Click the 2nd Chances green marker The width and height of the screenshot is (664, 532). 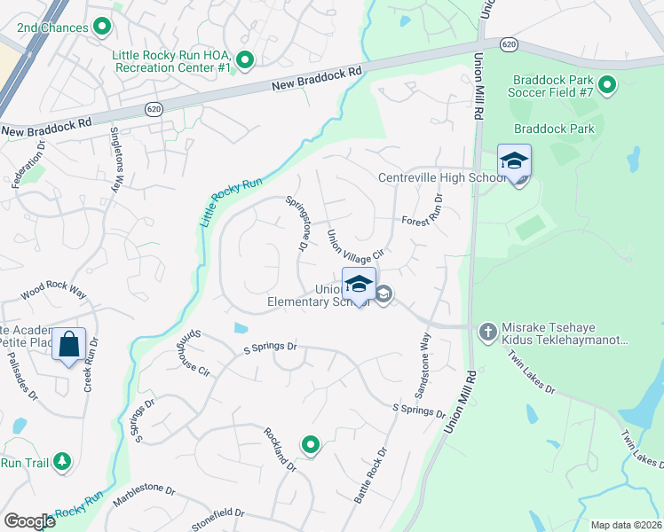102,27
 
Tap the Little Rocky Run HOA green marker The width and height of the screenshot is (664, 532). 246,61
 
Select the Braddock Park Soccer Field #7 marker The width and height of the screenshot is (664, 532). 607,86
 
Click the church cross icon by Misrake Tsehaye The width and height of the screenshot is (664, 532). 486,332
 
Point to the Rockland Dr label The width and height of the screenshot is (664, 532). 279,449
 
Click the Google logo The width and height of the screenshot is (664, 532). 30,521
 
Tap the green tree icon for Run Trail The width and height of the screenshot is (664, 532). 61,462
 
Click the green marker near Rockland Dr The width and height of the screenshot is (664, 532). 310,444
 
